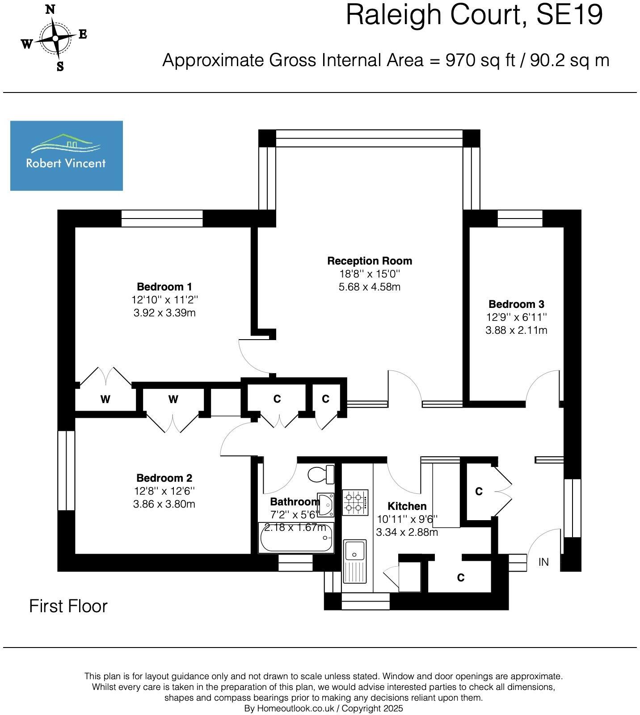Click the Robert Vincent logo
pos(67,156)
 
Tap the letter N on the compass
pos(51,9)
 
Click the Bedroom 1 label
pos(164,286)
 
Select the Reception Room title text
pos(370,261)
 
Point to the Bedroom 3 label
pos(516,304)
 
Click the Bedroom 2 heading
pos(164,478)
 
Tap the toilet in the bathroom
pos(321,475)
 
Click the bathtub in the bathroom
pos(296,538)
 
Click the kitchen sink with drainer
pos(355,561)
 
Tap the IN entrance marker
pos(543,562)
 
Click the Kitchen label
pos(407,506)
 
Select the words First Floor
pos(68,606)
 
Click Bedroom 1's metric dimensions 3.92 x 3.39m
pos(164,313)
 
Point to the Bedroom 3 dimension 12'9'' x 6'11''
pos(517,317)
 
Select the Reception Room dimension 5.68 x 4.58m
pos(370,287)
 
